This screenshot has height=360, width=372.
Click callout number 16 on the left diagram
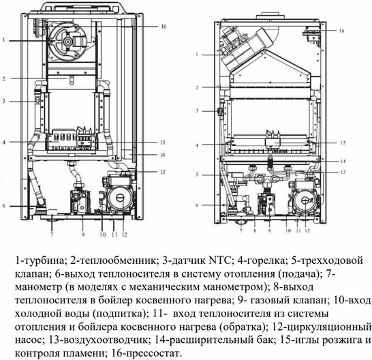click(x=164, y=27)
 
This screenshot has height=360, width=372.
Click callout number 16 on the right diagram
click(x=341, y=31)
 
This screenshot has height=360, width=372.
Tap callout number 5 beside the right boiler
click(x=197, y=175)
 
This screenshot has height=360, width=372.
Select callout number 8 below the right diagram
click(x=255, y=230)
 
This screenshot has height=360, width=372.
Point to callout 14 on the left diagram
click(x=163, y=155)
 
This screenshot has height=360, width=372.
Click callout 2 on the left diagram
click(x=4, y=78)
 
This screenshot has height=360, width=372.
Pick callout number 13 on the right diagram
click(x=343, y=172)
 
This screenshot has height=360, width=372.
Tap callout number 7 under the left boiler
click(x=52, y=235)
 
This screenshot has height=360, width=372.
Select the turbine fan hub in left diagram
click(x=67, y=42)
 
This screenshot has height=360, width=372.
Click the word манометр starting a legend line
click(x=38, y=287)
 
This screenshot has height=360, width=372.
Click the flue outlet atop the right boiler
click(x=270, y=17)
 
